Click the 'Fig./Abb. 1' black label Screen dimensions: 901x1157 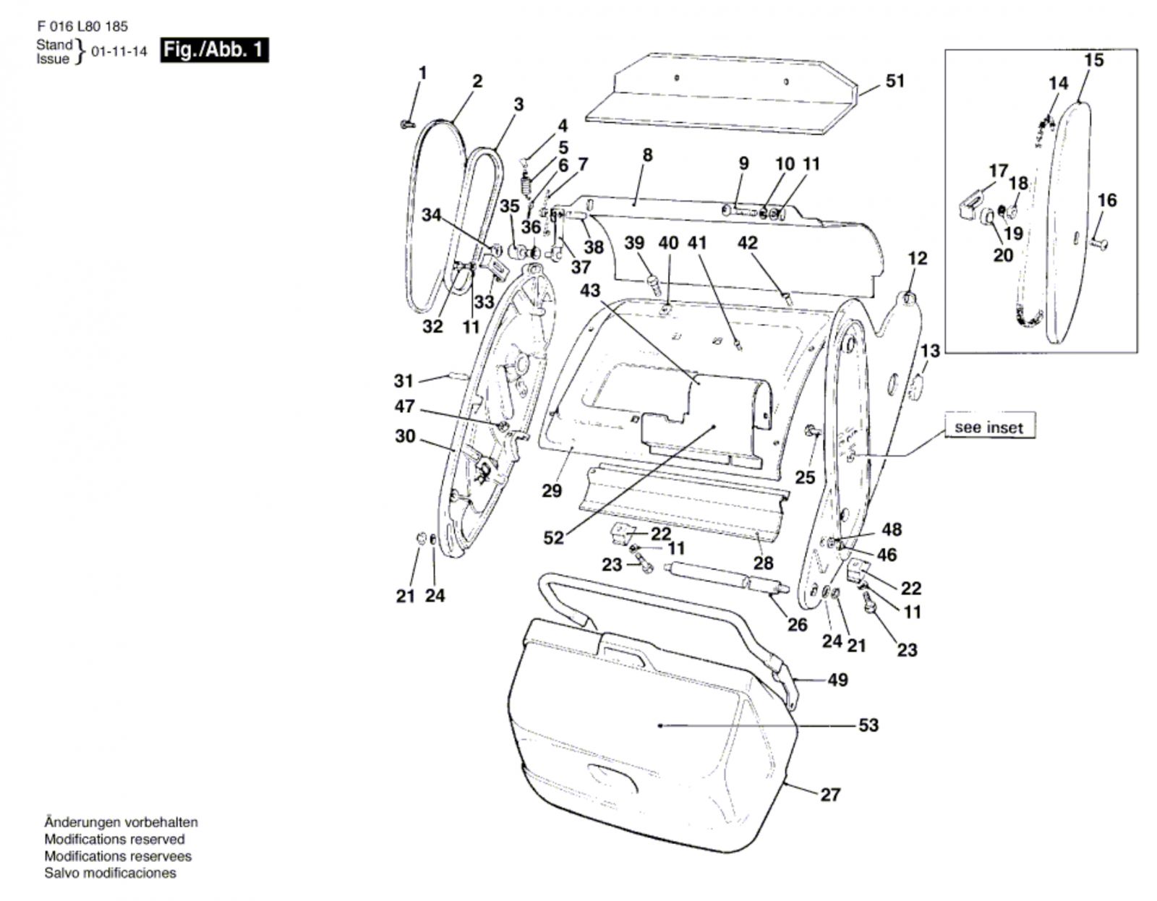point(214,50)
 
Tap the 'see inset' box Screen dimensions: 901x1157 point(989,427)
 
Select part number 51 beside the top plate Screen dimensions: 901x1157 point(895,81)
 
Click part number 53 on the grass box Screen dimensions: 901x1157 point(868,725)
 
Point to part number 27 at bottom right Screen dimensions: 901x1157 point(830,795)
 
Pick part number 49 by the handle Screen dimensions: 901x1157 point(837,680)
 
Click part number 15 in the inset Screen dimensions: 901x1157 point(1094,60)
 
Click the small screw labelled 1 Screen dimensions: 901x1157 point(405,125)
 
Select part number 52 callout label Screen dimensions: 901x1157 point(553,538)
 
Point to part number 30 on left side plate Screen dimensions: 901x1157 point(405,436)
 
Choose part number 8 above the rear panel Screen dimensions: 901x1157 point(647,155)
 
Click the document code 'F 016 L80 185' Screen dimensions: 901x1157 point(82,27)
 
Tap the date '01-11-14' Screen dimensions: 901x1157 point(119,52)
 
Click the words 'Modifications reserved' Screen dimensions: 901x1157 point(114,840)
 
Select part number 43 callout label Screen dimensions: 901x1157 point(590,290)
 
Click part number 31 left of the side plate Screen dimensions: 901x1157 point(403,380)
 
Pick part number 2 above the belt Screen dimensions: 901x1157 point(477,81)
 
